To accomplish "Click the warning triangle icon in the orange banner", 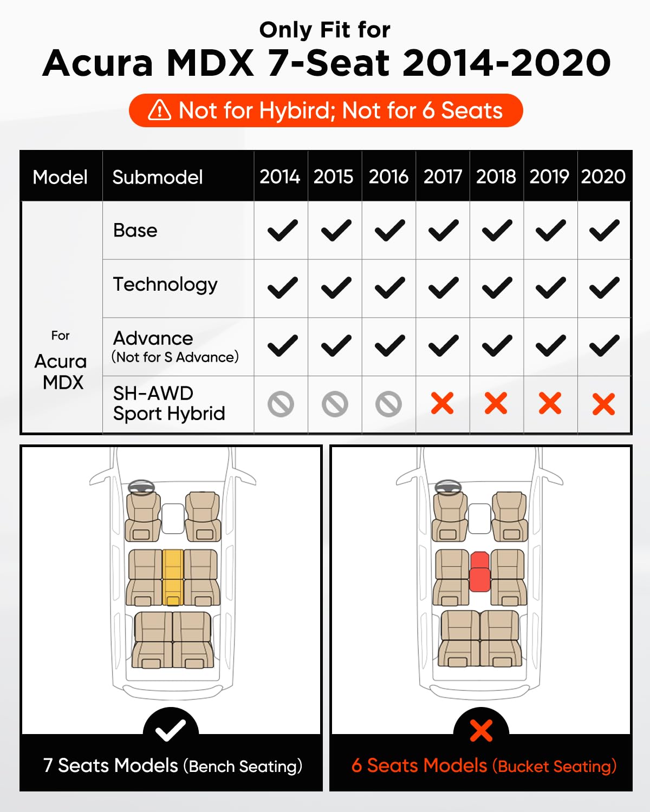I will tap(159, 110).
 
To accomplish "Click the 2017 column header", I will tap(443, 176).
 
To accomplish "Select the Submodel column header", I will tap(158, 177).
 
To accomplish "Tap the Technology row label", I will tap(165, 285).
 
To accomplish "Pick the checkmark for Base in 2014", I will tap(282, 231).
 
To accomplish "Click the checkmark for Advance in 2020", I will tap(604, 346).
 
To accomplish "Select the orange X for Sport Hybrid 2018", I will tap(496, 404).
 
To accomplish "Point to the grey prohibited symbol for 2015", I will tap(335, 404).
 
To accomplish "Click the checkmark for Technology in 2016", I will tap(389, 288).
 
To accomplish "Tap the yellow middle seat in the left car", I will tap(173, 577).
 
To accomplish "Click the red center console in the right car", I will tap(479, 572).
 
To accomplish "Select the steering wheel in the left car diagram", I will tap(141, 487).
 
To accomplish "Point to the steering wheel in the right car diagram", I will tap(448, 487).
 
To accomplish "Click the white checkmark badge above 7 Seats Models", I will tap(171, 731).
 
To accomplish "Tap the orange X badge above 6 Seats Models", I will tap(481, 731).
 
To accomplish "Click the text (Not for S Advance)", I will tap(175, 357).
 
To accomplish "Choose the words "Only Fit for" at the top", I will tap(324, 30).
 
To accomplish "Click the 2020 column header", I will tap(603, 176).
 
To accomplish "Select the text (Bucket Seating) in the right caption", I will tap(554, 767).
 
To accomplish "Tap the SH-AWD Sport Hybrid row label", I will tap(168, 404).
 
